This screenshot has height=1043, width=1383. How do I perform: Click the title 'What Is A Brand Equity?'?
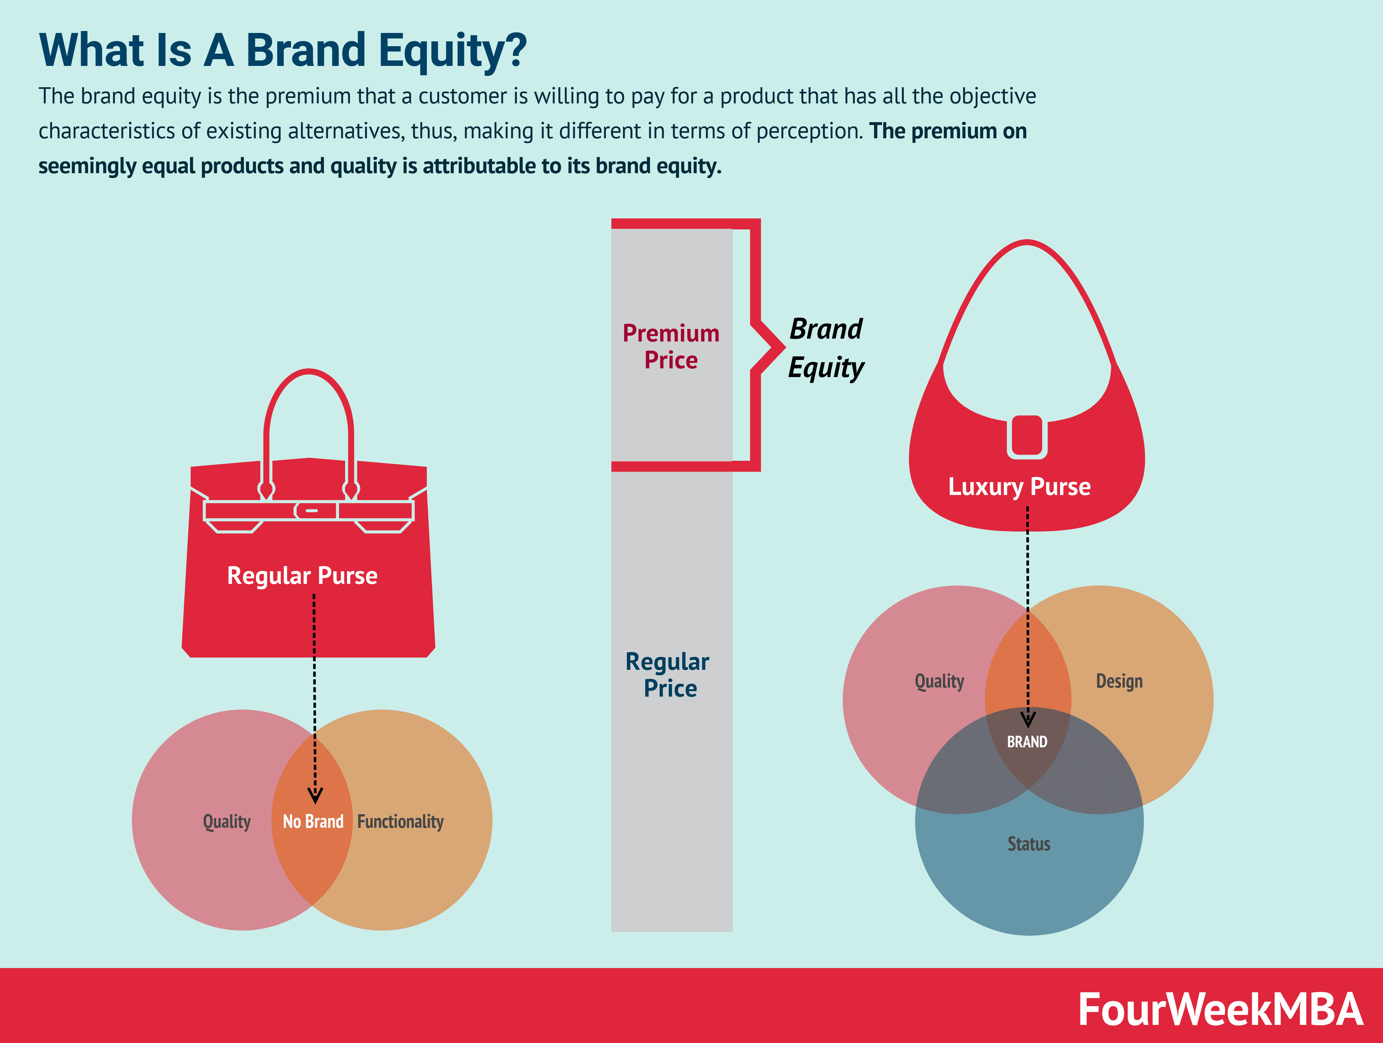tap(283, 50)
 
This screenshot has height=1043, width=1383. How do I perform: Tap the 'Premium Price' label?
tap(671, 346)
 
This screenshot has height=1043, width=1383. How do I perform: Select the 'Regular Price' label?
tap(668, 675)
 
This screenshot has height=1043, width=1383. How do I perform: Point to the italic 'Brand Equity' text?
tap(826, 348)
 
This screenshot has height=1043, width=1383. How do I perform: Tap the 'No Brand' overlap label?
tap(313, 821)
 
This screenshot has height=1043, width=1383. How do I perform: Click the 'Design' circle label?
tap(1119, 681)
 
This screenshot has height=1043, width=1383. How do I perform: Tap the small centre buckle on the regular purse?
tap(311, 510)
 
